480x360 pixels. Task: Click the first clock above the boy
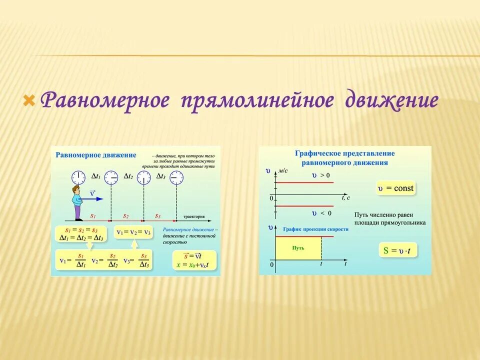pos(78,177)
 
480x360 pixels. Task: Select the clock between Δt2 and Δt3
pos(144,177)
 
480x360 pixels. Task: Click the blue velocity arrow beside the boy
pos(93,199)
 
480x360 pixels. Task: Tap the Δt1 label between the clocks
pos(96,176)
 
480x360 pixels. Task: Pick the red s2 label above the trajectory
pos(126,215)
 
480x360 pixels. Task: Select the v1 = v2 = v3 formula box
pos(133,232)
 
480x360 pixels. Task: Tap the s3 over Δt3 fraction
pos(143,260)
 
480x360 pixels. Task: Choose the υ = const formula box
pos(396,188)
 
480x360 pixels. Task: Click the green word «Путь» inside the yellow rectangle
pos(298,247)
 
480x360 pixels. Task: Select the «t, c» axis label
pos(345,197)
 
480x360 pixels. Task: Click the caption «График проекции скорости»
pos(315,229)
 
